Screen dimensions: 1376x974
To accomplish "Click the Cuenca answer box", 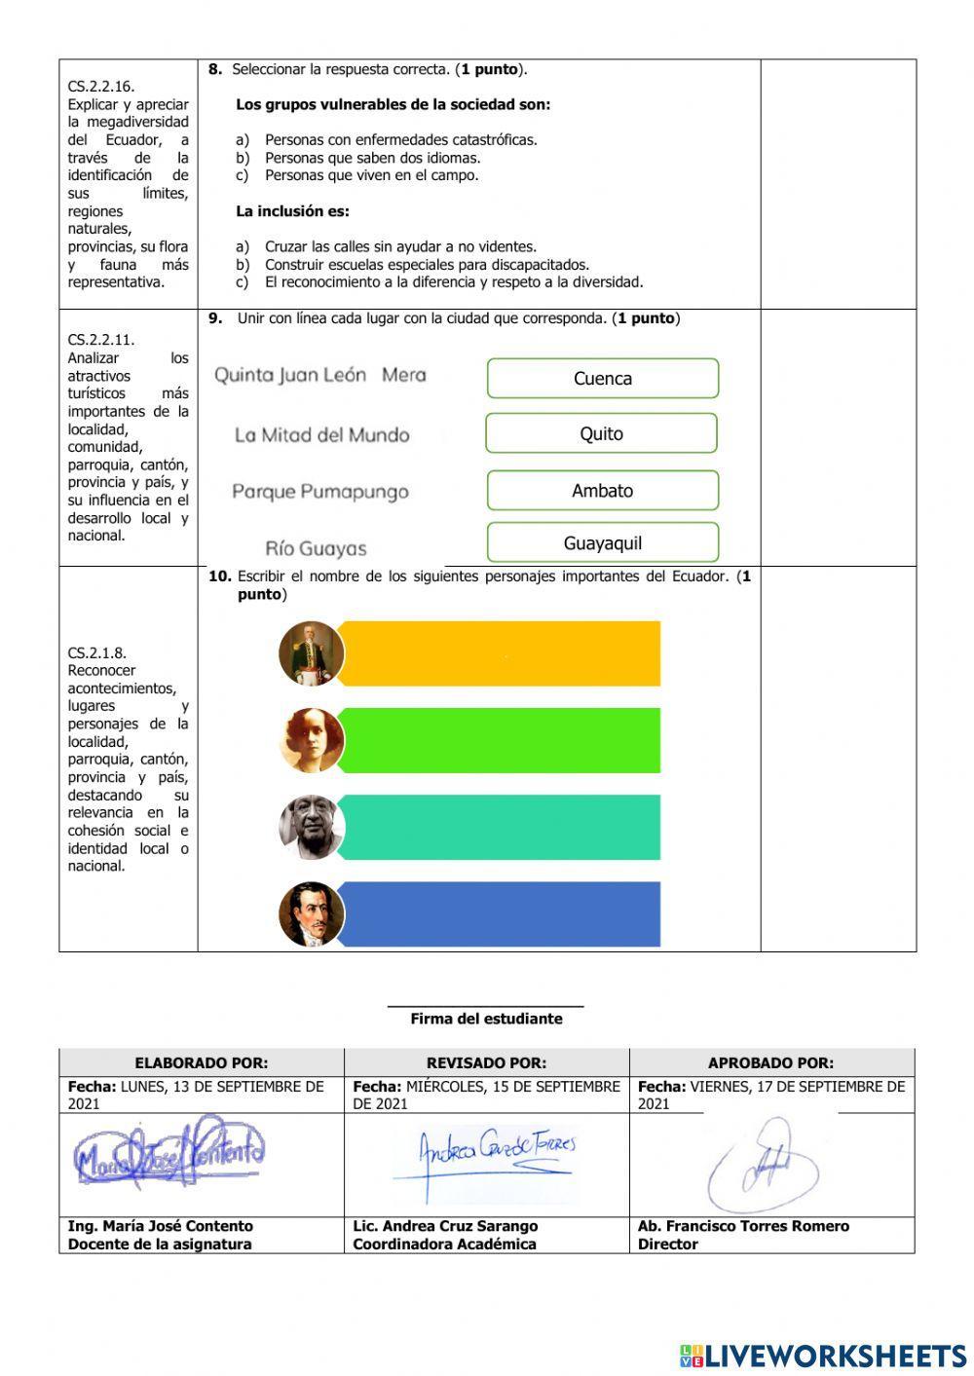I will pos(602,379).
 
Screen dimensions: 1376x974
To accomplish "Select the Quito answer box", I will pos(601,434).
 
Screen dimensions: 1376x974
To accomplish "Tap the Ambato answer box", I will pos(602,491).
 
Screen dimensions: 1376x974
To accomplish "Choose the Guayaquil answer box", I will pos(602,543).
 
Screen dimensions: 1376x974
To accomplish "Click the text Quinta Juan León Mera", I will pos(319,375).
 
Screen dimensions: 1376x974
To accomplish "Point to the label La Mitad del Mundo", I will pos(321,435).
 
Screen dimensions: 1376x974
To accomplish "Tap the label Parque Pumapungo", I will pos(319,492).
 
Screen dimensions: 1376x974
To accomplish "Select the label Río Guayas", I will pos(316,548).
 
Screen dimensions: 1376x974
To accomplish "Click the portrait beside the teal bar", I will pos(312,828).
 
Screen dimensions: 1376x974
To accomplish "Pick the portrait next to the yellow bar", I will pos(312,653).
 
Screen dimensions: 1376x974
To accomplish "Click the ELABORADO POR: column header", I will pos(201,1063).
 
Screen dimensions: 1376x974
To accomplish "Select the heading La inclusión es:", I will pos(292,211).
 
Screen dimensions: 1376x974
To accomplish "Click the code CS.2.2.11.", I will pos(101,340).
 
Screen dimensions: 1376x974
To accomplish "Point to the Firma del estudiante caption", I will pos(486,1019).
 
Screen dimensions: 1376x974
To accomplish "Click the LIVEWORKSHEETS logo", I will pos(822,1356).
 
